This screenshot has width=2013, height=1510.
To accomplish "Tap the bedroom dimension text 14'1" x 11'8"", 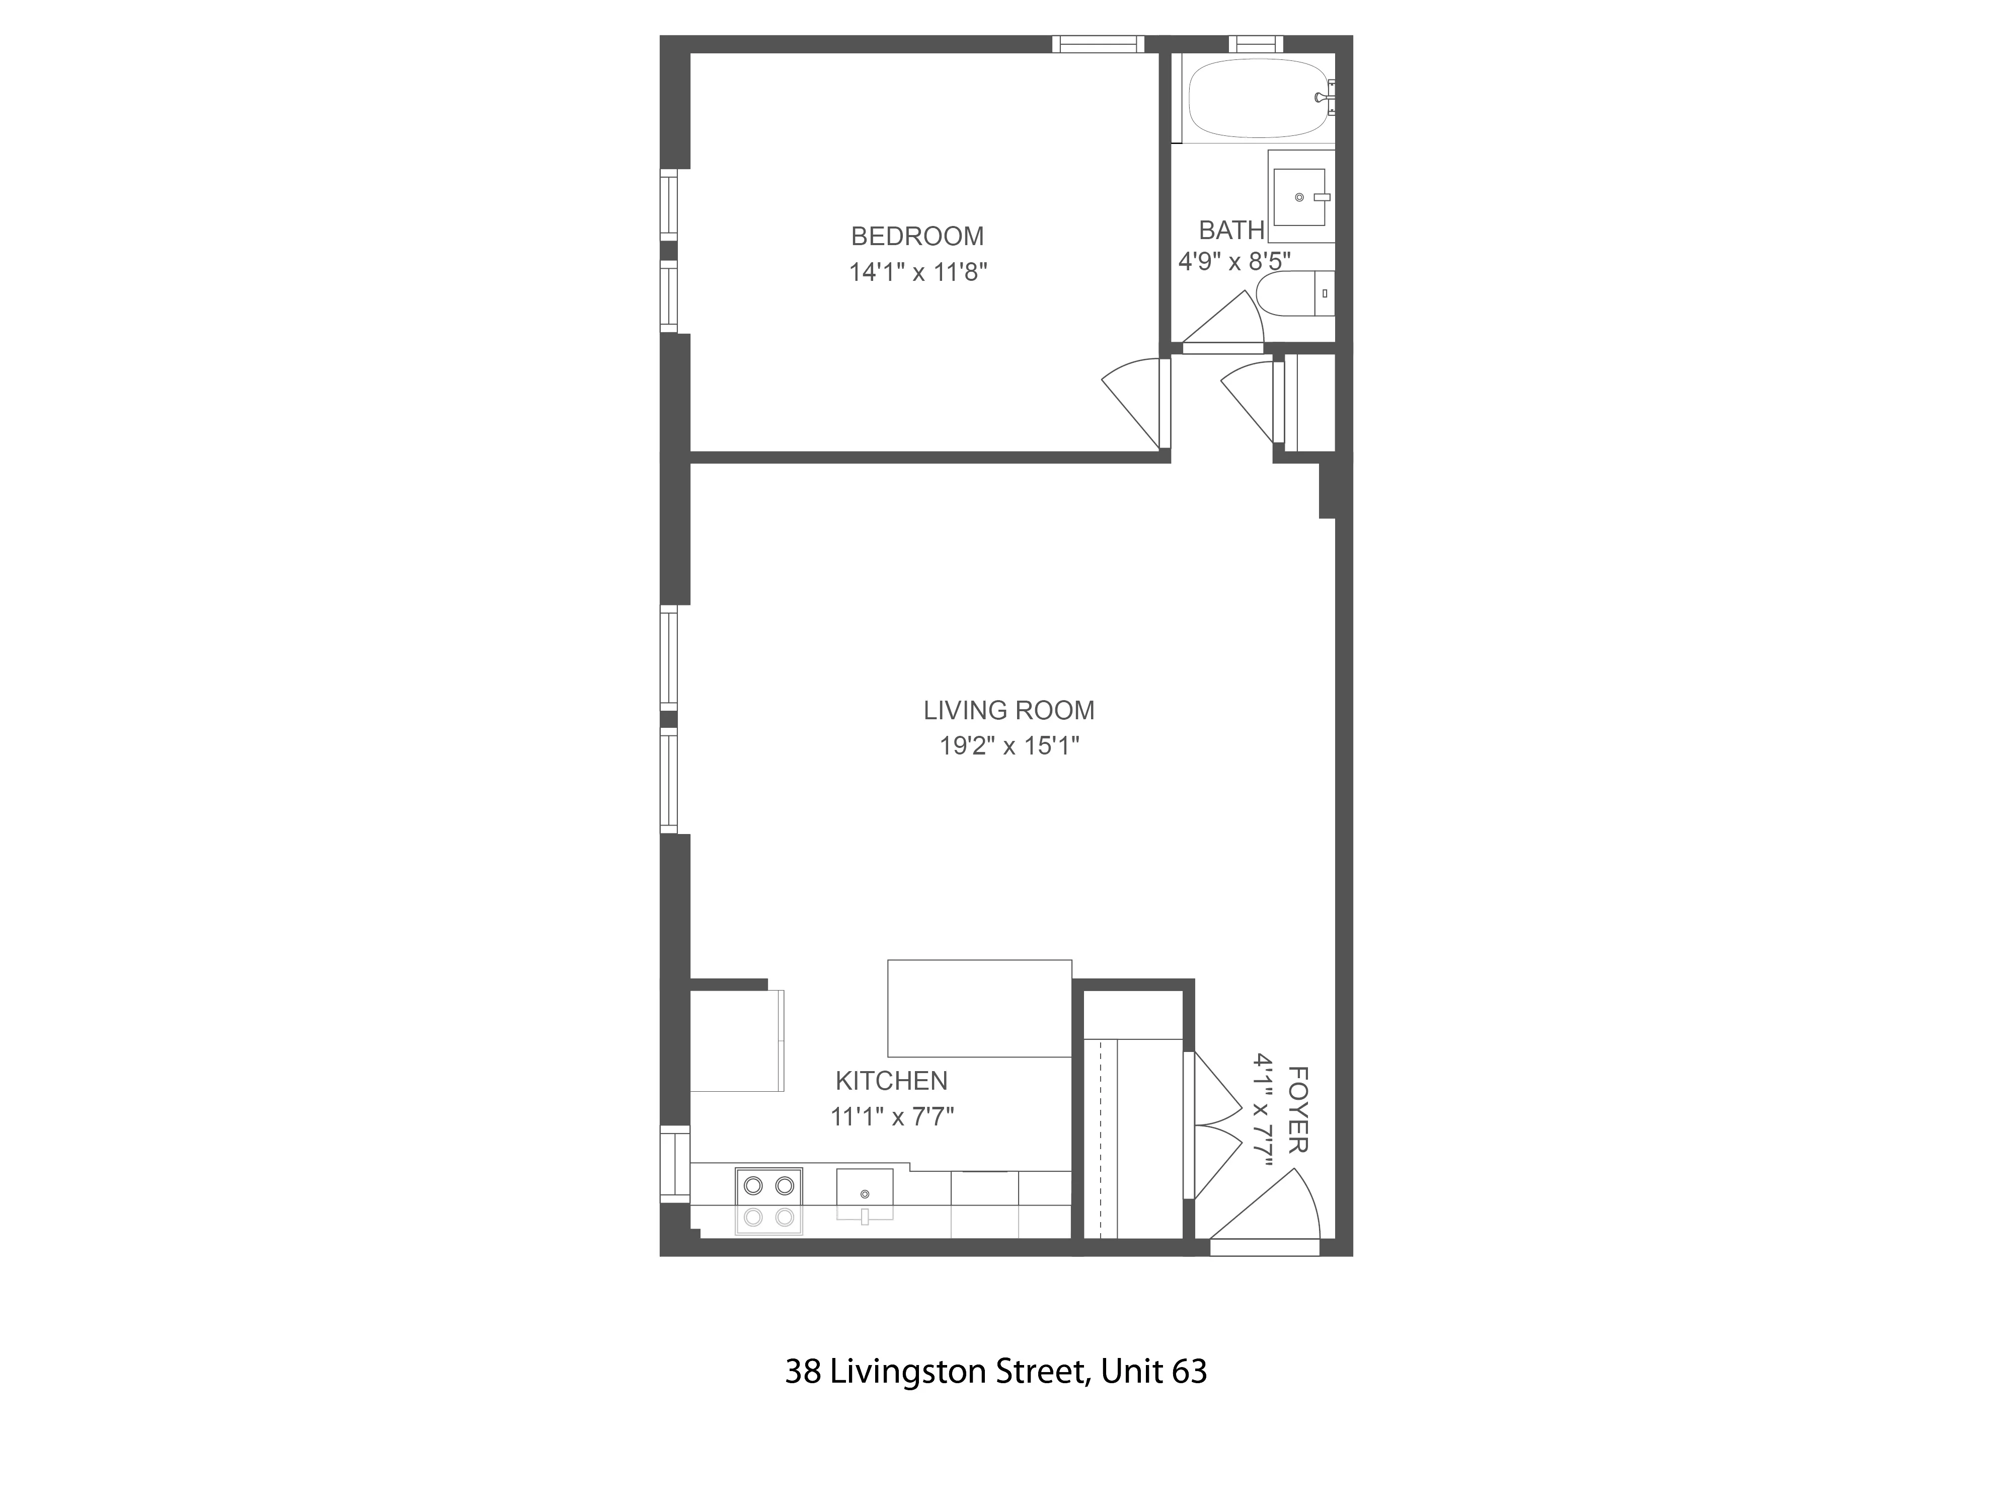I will pos(917,272).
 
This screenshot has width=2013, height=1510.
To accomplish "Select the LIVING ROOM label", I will pos(1009,710).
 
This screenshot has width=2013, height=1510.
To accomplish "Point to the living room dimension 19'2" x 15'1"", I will pos(1009,746).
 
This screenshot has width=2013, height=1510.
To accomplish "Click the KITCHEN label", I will pos(891,1081).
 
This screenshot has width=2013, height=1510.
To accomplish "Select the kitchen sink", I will pos(865,1194).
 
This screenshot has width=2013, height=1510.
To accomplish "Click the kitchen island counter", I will pos(979,1009).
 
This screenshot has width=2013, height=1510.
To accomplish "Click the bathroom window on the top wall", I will pos(1256,44).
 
